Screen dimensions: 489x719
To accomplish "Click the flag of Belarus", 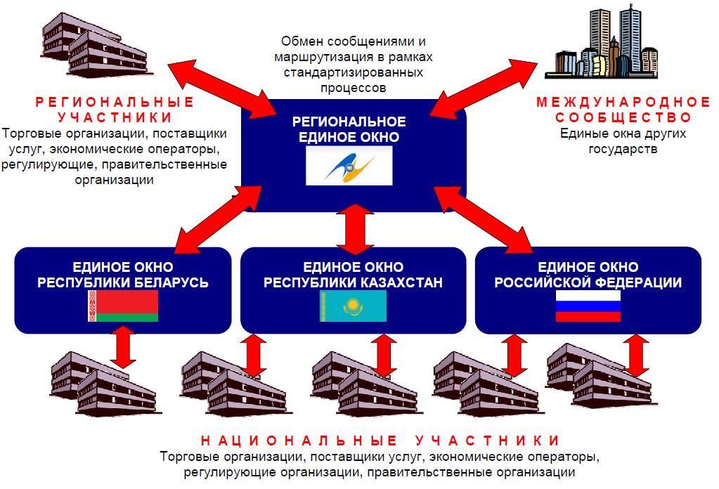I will tap(123, 306).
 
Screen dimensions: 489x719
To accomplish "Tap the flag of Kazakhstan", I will tap(354, 306).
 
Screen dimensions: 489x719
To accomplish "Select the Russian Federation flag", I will tap(588, 306).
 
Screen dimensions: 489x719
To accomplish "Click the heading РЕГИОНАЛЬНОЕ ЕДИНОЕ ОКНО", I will tap(349, 129).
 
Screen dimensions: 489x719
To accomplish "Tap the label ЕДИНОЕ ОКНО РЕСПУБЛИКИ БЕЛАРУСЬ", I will tap(123, 275).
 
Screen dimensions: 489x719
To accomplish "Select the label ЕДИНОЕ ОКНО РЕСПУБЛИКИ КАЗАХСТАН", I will tap(354, 275).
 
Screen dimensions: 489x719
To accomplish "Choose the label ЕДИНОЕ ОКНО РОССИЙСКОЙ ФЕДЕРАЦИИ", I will tap(588, 275).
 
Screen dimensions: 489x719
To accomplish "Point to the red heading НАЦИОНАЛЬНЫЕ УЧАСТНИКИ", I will tap(380, 441).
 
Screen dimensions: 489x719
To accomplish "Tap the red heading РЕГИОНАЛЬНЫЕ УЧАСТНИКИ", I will tap(115, 110).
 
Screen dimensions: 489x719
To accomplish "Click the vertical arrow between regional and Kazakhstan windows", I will tap(354, 229).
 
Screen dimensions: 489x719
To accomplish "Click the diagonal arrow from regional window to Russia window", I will tap(485, 218).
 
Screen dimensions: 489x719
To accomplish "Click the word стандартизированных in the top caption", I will tap(354, 72).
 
